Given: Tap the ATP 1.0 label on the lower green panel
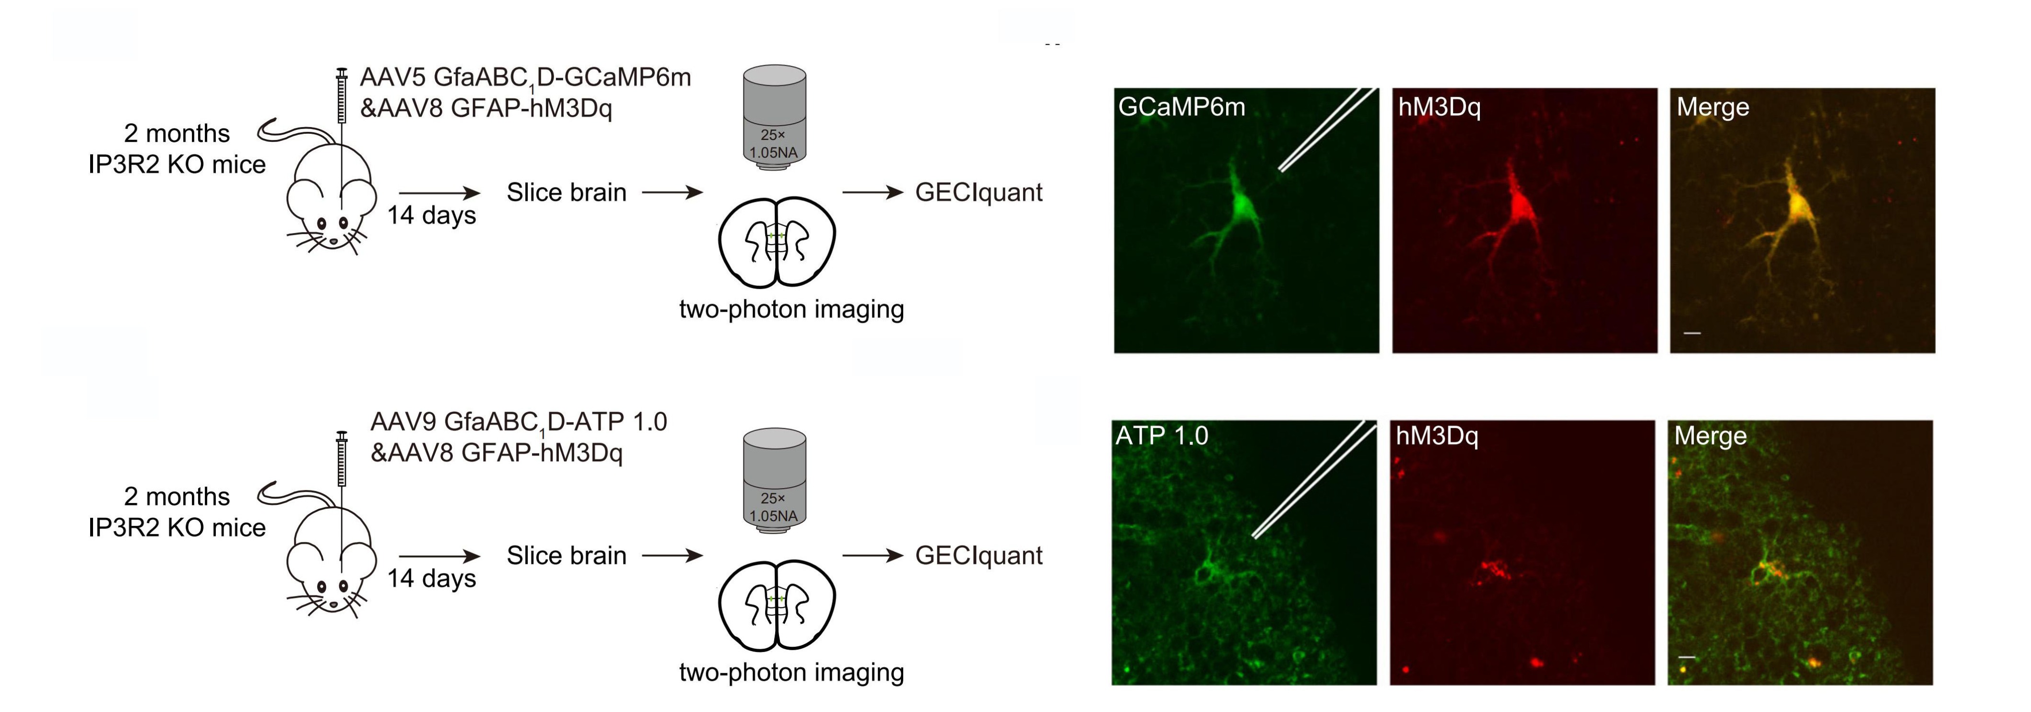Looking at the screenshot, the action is [x=1161, y=435].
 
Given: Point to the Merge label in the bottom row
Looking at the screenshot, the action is [x=1710, y=435].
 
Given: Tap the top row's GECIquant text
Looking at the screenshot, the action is [x=979, y=192].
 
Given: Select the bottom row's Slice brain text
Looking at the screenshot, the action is [x=566, y=555].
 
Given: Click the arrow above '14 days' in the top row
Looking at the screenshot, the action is [x=439, y=192].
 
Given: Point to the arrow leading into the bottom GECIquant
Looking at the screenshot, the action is [x=873, y=556].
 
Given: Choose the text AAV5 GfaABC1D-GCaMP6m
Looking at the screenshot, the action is [x=525, y=78].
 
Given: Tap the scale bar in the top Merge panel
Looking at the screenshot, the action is [x=1692, y=333].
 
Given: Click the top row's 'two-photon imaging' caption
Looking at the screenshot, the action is [x=791, y=309].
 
